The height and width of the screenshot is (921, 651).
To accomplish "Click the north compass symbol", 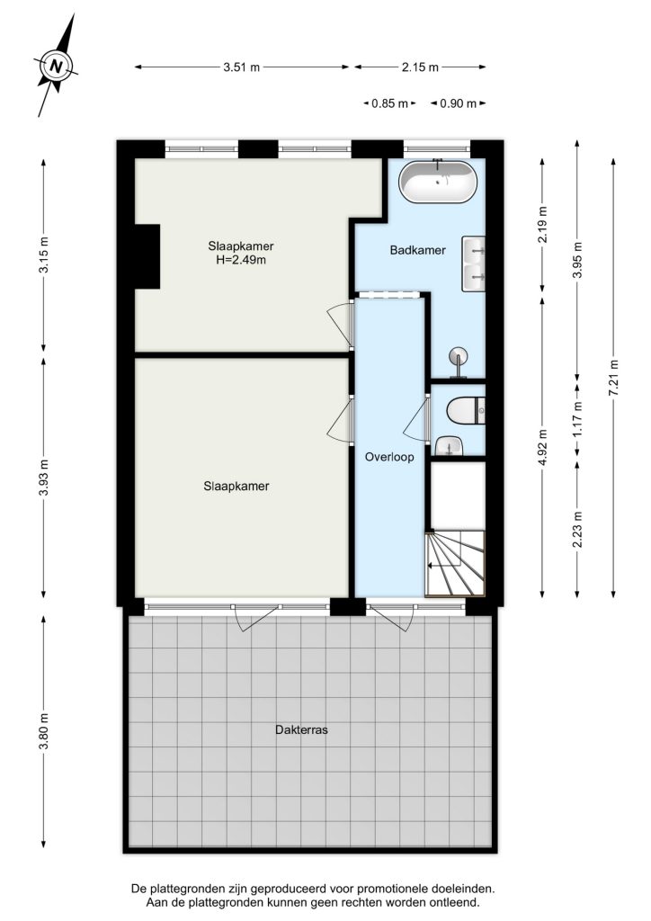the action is point(56,65).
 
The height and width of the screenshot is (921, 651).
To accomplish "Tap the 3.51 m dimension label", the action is point(241,67).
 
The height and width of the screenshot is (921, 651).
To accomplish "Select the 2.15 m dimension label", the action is point(420,67).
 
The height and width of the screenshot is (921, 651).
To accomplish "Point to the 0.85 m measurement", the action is point(389,103).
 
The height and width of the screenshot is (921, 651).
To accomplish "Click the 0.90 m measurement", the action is point(459,103).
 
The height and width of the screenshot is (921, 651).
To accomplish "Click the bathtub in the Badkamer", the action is point(437,182).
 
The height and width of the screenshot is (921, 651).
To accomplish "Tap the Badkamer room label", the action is point(418,250).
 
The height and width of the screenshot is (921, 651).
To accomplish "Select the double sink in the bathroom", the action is point(474,264).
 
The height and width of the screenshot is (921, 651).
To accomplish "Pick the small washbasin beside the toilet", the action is point(450,446).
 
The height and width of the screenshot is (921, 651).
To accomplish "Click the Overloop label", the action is point(389,457).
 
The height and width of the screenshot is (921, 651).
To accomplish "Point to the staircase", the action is point(456,563).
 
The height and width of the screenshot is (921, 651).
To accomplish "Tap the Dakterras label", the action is point(301,730).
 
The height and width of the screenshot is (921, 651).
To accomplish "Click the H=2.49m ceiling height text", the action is point(241,260).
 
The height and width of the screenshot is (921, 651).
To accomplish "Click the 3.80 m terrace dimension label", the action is point(43,730).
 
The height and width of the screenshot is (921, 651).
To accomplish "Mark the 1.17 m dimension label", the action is point(578,418).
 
